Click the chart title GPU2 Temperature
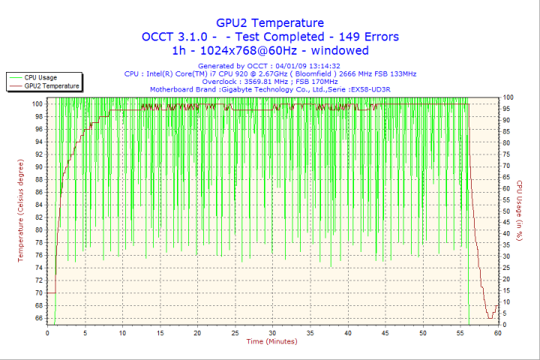(270, 23)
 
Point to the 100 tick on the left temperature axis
(37, 103)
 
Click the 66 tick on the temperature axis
(39, 318)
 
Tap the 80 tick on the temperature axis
(39, 229)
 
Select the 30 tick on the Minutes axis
(272, 333)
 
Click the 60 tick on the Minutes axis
(498, 333)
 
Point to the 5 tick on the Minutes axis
(85, 333)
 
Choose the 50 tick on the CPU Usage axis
(508, 211)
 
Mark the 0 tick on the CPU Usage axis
(505, 325)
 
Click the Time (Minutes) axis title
(271, 342)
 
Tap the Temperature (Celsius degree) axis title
(21, 210)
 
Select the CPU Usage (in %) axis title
(519, 211)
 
